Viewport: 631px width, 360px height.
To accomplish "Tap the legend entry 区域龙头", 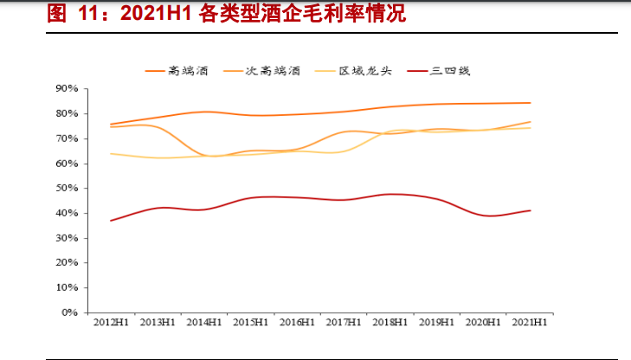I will pos(365,70).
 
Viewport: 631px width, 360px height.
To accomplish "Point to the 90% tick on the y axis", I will pos(67,88).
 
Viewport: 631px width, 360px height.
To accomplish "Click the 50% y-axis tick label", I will pos(67,188).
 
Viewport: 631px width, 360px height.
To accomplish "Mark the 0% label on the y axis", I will pos(70,312).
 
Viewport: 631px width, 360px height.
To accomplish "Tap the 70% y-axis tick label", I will pos(67,138).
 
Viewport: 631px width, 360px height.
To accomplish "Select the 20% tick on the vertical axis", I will pos(67,263).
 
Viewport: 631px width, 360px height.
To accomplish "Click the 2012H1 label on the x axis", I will pos(111,323).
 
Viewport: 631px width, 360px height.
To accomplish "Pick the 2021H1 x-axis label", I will pos(530,323).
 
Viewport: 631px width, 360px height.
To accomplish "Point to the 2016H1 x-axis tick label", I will pos(297,323).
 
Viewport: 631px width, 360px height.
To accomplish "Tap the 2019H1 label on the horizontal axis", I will pos(437,323).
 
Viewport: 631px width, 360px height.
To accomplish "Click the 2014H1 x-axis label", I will pos(203,323).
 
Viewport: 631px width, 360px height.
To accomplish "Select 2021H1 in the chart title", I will pos(149,15).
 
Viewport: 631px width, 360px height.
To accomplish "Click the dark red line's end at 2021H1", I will pos(530,210).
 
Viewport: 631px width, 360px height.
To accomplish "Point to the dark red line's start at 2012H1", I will pos(111,221).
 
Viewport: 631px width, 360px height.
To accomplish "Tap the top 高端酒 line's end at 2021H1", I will pos(530,103).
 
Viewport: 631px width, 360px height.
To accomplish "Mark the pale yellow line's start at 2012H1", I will pos(111,153).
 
